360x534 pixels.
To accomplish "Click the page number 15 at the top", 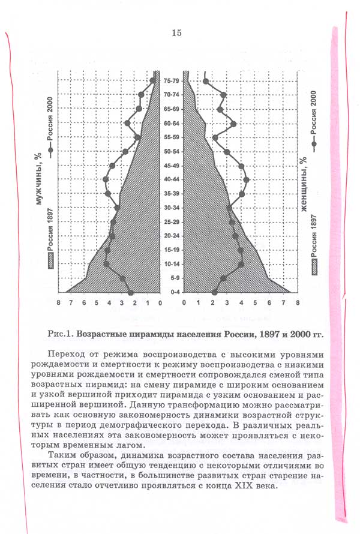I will (176, 33).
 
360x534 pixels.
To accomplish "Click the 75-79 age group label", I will (172, 81).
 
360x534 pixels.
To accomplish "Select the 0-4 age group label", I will (172, 292).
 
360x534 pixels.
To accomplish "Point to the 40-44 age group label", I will (172, 179).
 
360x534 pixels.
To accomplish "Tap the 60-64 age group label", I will (172, 123).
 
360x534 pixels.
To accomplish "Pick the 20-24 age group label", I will (172, 236).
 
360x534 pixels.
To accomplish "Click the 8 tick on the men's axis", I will (59, 304).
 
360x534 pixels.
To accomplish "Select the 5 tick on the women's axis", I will (255, 304).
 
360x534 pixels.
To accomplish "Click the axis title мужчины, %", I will (37, 178).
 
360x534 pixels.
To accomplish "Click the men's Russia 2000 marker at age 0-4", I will (131, 292).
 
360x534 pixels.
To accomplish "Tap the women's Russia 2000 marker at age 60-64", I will (233, 124).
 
